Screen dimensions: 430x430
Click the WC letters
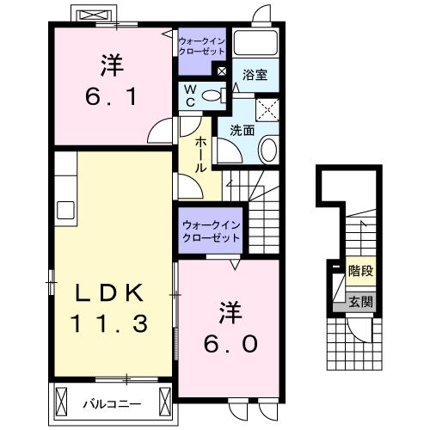[x=191, y=96]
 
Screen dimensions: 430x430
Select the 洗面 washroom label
[x=242, y=132]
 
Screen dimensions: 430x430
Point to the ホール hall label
[x=200, y=155]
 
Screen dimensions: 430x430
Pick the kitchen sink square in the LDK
[x=65, y=209]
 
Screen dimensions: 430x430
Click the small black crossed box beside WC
[x=221, y=72]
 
